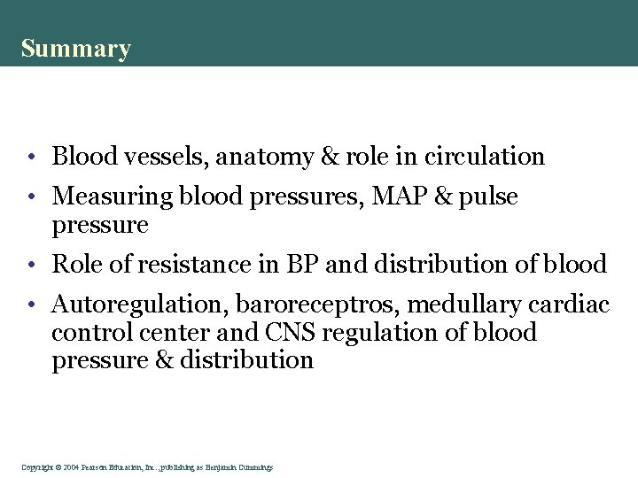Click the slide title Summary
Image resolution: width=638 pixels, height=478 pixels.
pos(76,48)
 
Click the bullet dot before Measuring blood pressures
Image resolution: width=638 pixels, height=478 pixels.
pos(30,197)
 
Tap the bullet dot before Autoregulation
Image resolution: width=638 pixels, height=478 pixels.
pos(30,305)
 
